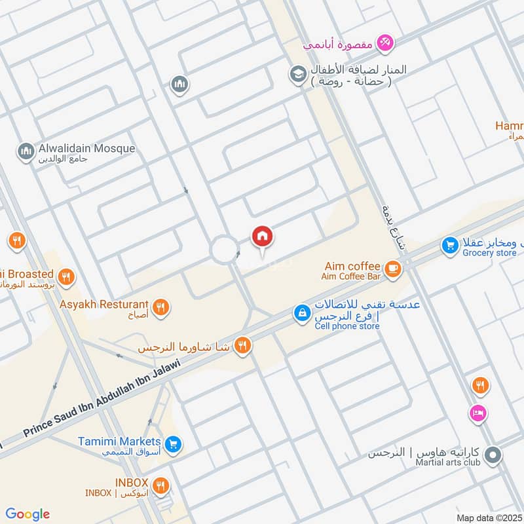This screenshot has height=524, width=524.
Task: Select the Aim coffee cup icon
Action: tap(393, 268)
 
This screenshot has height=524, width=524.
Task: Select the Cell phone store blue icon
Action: tap(301, 314)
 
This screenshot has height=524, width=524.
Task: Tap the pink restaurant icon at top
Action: tap(387, 43)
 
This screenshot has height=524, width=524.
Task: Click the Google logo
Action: tap(28, 514)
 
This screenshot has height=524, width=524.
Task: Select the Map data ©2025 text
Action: tap(488, 517)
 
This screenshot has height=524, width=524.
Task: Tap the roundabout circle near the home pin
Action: tap(225, 250)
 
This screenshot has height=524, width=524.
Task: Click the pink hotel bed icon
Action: tap(478, 413)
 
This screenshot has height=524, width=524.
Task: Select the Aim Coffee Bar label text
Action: tap(350, 277)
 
